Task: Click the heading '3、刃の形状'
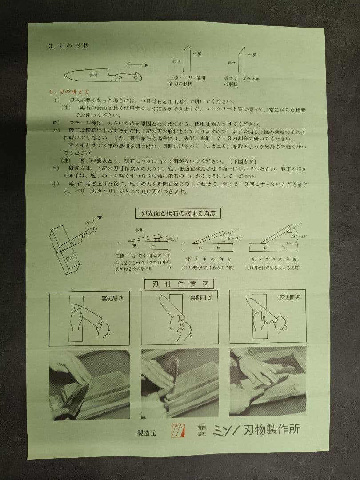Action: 71,46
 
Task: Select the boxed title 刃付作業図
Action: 180,284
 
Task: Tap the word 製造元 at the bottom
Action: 147,432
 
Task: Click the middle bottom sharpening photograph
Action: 180,384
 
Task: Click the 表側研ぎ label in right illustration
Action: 290,297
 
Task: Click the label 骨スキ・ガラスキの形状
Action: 242,81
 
